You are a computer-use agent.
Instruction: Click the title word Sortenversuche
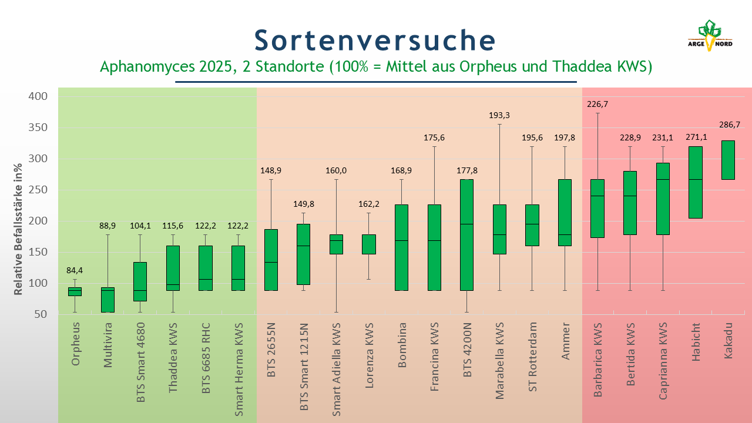tap(375, 40)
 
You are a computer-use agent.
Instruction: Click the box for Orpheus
tap(75, 291)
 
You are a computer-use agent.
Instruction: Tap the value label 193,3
tap(499, 115)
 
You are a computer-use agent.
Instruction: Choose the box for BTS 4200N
tap(467, 234)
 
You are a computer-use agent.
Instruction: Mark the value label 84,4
tap(75, 271)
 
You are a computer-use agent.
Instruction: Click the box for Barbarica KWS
tap(597, 209)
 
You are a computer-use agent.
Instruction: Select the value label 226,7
tap(597, 105)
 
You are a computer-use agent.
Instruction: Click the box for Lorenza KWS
tap(369, 244)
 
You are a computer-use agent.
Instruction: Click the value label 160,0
tap(337, 170)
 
